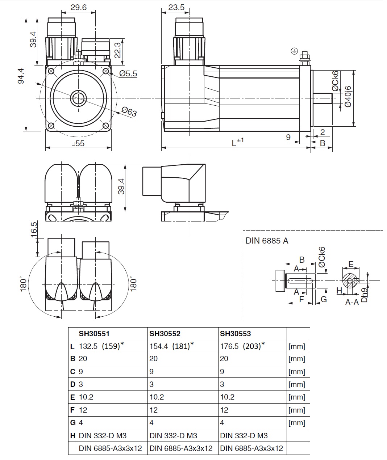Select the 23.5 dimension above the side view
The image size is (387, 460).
point(176,7)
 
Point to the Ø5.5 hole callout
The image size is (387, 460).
point(128,73)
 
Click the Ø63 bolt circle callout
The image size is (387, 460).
point(129,111)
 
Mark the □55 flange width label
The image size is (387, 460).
point(78,143)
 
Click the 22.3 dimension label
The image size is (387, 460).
point(117,50)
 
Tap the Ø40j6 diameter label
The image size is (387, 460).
point(348,96)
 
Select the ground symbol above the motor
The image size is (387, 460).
point(294,51)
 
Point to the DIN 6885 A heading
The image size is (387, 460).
point(267,241)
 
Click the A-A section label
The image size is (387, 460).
point(352,302)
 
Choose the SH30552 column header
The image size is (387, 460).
point(165,334)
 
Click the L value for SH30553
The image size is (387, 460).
point(241,346)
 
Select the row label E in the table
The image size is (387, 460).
point(72,397)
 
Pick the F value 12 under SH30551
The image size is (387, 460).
point(83,410)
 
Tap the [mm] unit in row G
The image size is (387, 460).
point(297,423)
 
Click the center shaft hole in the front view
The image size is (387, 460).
point(78,98)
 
